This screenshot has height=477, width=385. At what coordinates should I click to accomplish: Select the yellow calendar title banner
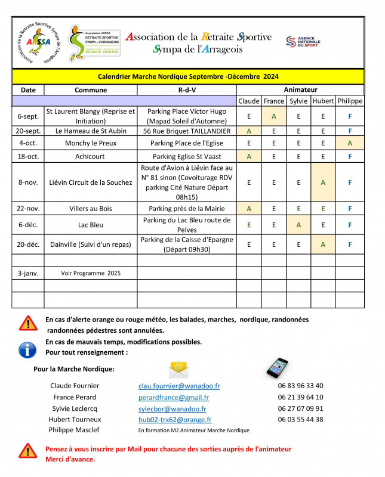pos(188,76)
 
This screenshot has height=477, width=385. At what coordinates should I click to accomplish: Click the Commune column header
pos(91,90)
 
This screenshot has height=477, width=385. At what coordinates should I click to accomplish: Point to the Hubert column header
pos(323,101)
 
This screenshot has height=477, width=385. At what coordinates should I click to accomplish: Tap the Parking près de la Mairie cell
pos(187,209)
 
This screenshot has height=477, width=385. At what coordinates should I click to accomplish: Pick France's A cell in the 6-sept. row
pos(274,116)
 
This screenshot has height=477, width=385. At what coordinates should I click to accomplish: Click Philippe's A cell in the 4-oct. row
pos(350,143)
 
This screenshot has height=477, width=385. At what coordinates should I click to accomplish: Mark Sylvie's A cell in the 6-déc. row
pos(298,225)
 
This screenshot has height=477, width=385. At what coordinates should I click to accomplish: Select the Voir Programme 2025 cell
pos(91,273)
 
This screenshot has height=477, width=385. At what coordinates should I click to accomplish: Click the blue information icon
pos(28,349)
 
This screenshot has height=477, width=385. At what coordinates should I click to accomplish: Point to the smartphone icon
pos(277,368)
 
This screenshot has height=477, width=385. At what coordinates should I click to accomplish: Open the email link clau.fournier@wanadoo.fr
pos(179,386)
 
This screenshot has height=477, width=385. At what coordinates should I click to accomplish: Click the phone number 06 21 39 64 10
pos(300,397)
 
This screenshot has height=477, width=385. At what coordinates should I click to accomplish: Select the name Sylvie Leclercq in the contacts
pos(75,408)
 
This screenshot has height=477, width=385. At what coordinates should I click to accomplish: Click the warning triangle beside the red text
pos(28,451)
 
